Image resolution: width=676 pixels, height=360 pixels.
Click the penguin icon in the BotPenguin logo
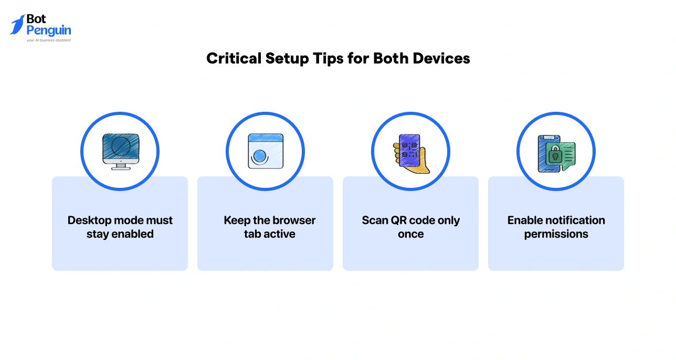click(17, 25)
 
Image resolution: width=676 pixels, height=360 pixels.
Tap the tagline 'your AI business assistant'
click(48, 40)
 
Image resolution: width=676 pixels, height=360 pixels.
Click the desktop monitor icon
click(120, 151)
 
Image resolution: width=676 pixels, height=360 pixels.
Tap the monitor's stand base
click(120, 167)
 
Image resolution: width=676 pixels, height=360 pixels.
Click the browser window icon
click(265, 151)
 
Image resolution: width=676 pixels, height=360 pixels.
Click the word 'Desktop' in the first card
click(90, 220)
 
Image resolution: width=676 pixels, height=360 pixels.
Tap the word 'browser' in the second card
click(294, 220)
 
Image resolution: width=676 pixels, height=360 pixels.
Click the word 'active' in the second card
click(279, 234)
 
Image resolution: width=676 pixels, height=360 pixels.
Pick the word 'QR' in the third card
click(392, 220)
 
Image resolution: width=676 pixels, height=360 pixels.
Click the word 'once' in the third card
click(410, 234)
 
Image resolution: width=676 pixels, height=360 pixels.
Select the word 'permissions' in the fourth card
click(556, 234)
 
